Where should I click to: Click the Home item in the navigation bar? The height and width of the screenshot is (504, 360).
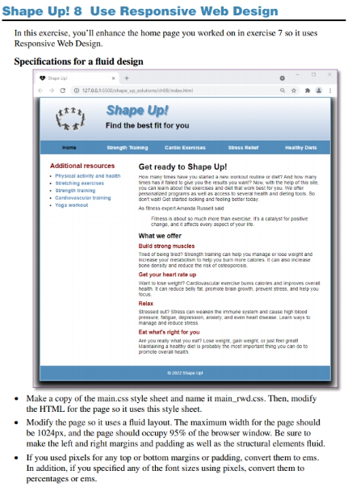69,148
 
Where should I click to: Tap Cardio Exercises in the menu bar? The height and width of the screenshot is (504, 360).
185,148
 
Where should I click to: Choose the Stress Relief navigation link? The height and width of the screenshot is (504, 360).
243,148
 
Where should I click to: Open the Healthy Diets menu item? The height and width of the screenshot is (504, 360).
300,148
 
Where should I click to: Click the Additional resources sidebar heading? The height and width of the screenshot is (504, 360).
82,166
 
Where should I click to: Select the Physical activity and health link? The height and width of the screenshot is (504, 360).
87,175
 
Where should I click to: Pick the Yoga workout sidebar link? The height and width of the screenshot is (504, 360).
72,205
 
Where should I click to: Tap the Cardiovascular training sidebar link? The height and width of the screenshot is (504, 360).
83,198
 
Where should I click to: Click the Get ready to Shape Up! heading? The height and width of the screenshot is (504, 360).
182,166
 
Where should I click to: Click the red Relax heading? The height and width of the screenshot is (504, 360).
146,303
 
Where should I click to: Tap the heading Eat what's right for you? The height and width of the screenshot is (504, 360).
169,332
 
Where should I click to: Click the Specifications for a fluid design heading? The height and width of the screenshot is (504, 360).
79,62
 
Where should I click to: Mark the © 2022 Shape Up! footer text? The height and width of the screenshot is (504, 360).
184,373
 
